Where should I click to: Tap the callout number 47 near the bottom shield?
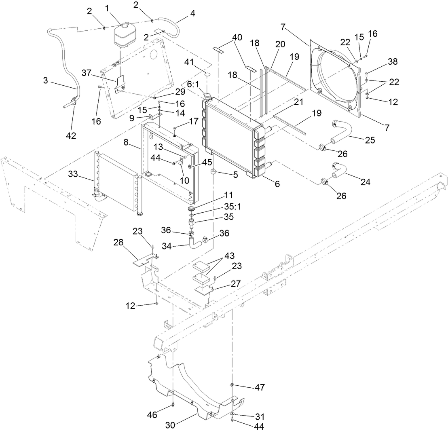click(x=259, y=387)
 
